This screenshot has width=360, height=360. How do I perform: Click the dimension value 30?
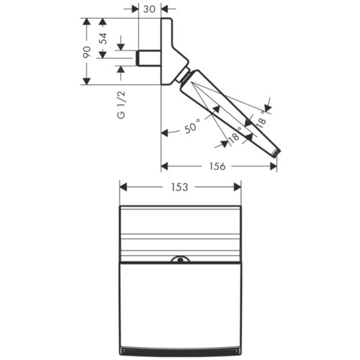coord(150,9)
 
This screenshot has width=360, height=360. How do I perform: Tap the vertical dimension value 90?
coord(86,52)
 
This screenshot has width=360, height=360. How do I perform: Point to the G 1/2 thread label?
coord(122,104)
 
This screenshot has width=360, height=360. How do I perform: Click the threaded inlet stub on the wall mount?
coord(148,57)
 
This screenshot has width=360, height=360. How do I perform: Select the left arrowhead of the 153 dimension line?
coord(122,187)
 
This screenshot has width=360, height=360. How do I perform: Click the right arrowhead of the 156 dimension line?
coord(274,166)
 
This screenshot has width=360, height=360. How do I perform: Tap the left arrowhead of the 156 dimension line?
coord(164,166)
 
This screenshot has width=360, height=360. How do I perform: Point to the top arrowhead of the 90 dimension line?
coord(86,22)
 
